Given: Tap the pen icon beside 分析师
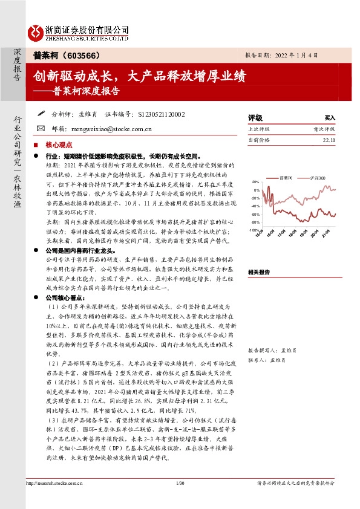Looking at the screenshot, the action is click(41, 113).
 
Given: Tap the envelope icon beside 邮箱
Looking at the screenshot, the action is click(41, 128).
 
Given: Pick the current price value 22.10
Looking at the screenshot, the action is click(329, 140).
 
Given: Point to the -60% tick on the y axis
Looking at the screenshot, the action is click(254, 214).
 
